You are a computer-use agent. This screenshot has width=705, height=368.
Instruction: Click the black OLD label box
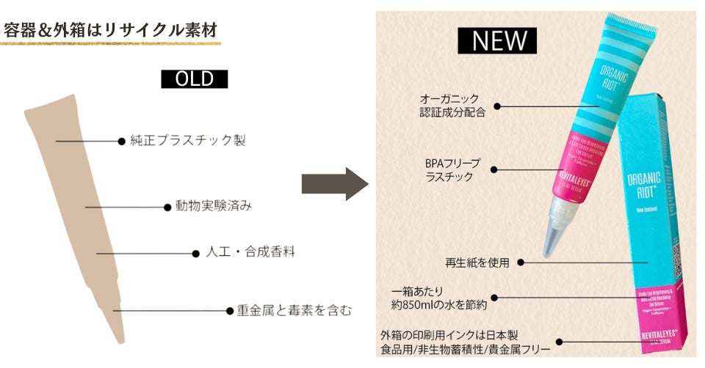[x=195, y=79]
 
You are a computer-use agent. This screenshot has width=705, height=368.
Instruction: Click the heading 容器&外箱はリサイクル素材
[x=109, y=30]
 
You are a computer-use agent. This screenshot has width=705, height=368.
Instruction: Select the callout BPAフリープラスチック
[x=449, y=170]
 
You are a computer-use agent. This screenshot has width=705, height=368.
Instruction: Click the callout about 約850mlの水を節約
[x=439, y=298]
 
